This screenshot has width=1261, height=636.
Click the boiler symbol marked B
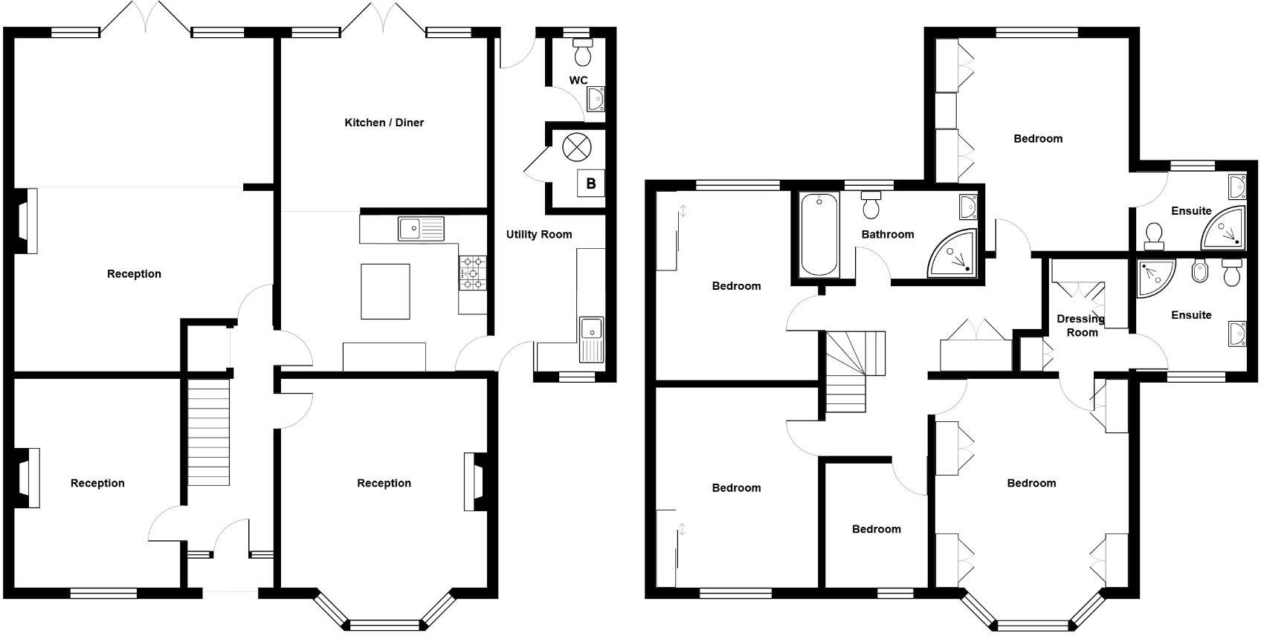tap(591, 184)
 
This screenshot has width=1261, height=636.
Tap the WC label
tap(578, 80)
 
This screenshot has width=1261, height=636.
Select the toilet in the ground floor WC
tap(583, 53)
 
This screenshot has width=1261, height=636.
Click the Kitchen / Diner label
tap(384, 123)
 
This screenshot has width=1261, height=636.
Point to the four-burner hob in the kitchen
tap(473, 273)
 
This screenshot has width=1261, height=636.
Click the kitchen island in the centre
tap(385, 291)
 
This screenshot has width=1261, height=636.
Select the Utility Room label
tap(539, 234)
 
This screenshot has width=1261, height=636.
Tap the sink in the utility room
tap(593, 338)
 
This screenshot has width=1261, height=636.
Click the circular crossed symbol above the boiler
tap(575, 146)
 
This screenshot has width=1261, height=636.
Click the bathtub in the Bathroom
tap(819, 234)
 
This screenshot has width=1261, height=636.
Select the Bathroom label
tap(887, 234)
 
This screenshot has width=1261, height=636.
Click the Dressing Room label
tap(1081, 325)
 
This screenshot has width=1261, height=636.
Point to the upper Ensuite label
tap(1190, 211)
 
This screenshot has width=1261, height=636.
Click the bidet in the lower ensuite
tap(1199, 273)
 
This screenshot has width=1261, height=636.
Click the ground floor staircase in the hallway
tap(208, 431)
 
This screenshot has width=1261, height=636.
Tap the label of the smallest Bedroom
tap(876, 529)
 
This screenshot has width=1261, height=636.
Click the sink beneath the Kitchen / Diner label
tap(420, 228)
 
